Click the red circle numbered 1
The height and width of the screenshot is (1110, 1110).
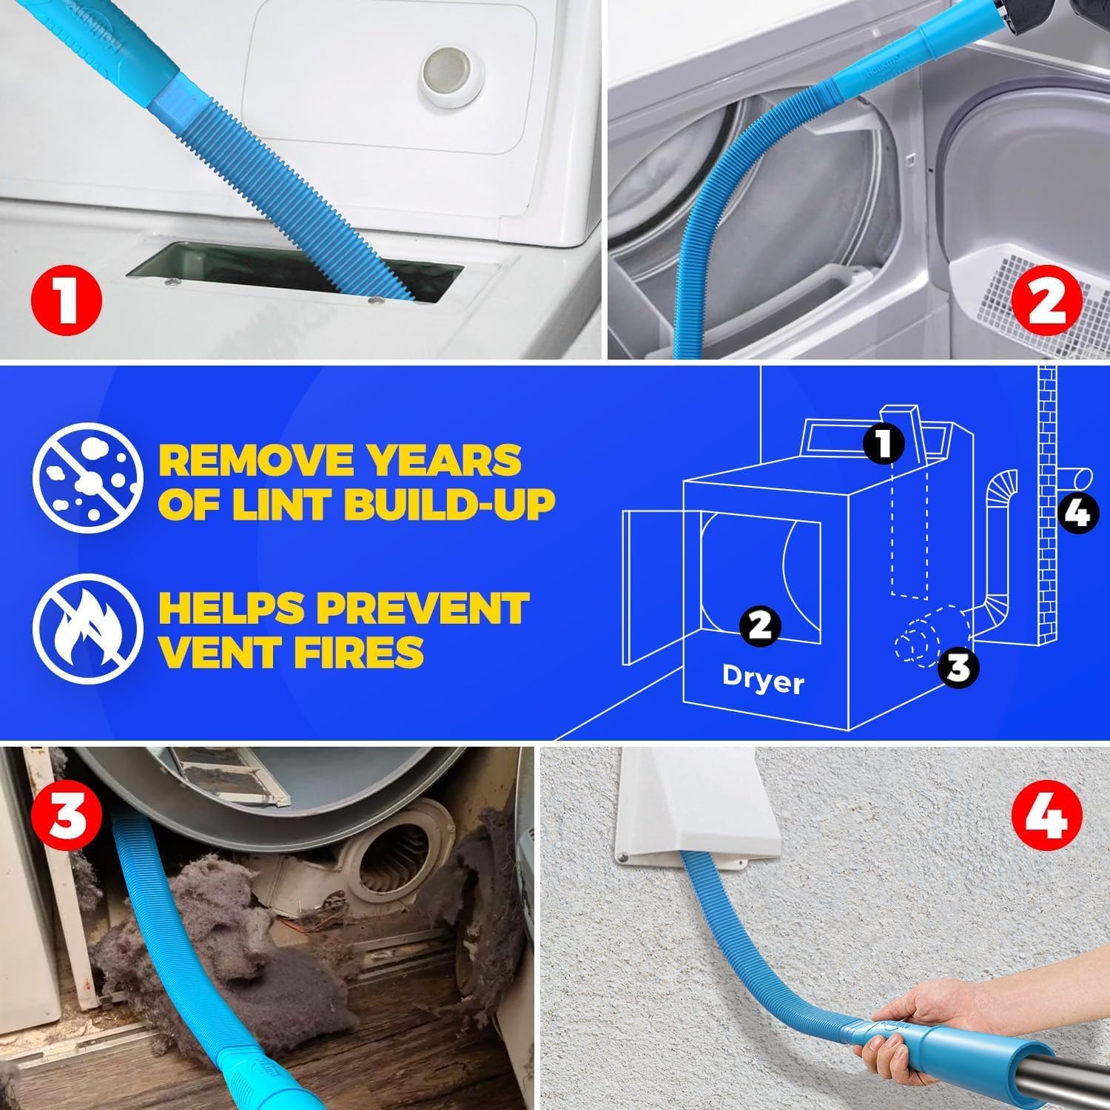[x=67, y=303]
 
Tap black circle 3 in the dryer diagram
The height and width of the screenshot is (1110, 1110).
[x=958, y=667]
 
